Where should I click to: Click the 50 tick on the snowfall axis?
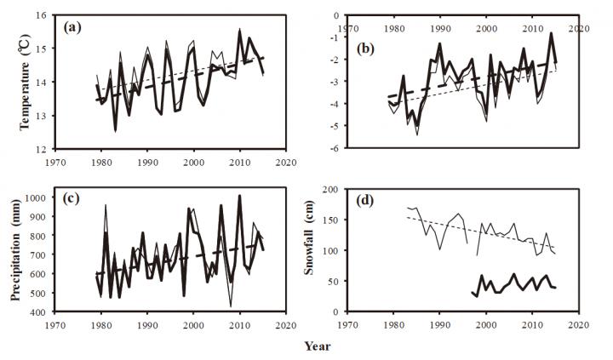coord(337,281)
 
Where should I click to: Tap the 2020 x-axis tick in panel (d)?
coord(579,324)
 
